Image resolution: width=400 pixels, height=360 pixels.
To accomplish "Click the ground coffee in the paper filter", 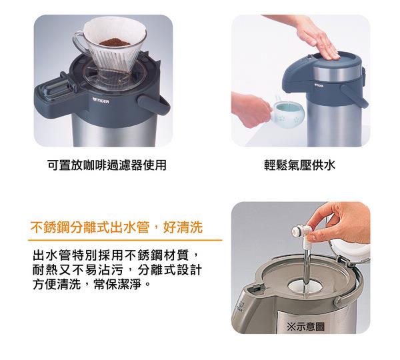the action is [115, 42].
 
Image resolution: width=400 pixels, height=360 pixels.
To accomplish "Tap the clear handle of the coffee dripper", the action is [78, 41].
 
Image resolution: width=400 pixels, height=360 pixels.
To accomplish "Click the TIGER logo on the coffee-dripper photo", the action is [101, 101].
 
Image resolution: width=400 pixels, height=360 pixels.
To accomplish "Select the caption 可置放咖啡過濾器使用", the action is [107, 165].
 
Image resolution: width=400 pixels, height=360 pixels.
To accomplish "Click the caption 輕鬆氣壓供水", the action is [299, 165].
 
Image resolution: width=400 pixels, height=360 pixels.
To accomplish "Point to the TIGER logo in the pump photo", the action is [319, 85].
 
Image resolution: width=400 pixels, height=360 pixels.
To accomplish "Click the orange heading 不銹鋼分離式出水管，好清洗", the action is [117, 227].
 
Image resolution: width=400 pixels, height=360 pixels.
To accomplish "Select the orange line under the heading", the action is [125, 240].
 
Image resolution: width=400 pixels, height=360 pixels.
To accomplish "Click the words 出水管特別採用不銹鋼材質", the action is [111, 255].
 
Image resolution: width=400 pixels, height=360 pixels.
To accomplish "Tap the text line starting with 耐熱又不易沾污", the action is [117, 270].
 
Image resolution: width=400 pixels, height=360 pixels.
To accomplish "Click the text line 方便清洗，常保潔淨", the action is [91, 284].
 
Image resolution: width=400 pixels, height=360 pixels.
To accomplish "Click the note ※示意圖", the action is [305, 326].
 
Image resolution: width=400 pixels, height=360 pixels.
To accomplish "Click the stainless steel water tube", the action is [307, 272].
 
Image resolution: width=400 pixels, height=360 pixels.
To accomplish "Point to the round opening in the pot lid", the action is [305, 285].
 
